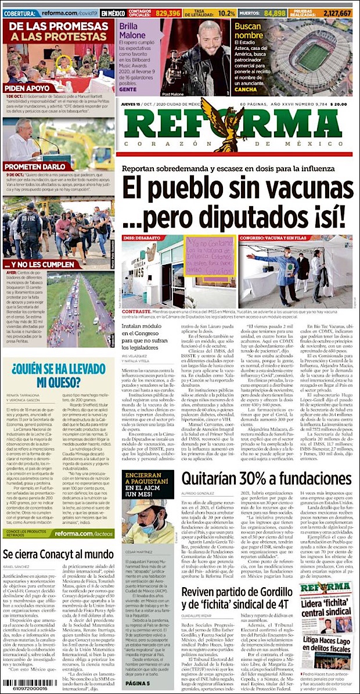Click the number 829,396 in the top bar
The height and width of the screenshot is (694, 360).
pyautogui.click(x=168, y=12)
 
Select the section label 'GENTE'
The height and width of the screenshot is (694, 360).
pyautogui.click(x=128, y=91)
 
